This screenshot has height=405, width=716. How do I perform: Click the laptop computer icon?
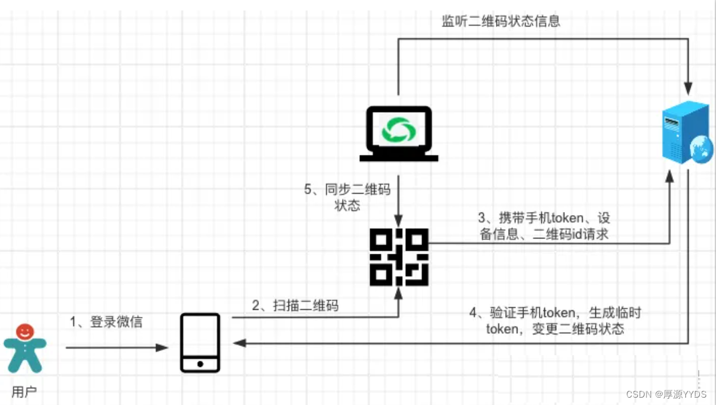pos(399,133)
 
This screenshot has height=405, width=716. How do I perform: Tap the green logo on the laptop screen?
pos(399,129)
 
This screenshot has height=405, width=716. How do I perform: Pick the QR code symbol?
pos(399,256)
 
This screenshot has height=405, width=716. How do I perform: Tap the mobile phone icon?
pos(200,342)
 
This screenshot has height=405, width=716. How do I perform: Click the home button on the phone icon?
pos(200,364)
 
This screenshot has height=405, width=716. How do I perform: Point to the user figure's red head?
pos(25,332)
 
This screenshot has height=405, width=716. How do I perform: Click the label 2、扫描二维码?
pos(295,305)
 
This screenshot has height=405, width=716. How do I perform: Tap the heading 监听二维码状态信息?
pos(501,22)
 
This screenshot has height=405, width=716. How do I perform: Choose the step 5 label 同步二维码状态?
pos(348,197)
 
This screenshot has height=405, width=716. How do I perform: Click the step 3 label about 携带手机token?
pos(544,226)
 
